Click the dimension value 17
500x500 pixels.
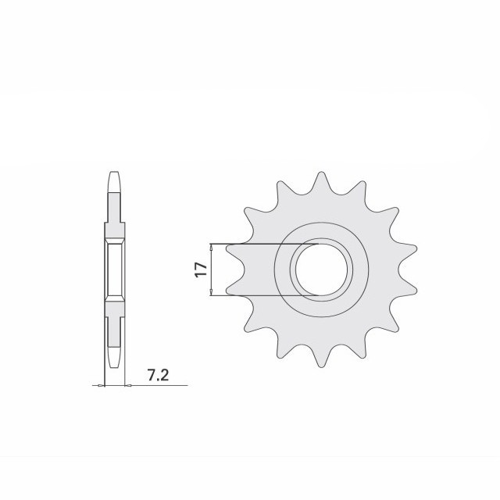201,270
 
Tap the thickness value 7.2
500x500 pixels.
157,376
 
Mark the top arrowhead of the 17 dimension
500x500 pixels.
212,247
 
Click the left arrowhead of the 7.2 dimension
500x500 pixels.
102,385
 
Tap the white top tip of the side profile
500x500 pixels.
115,181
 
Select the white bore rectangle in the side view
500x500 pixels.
115,270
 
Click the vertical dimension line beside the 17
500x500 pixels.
212,270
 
